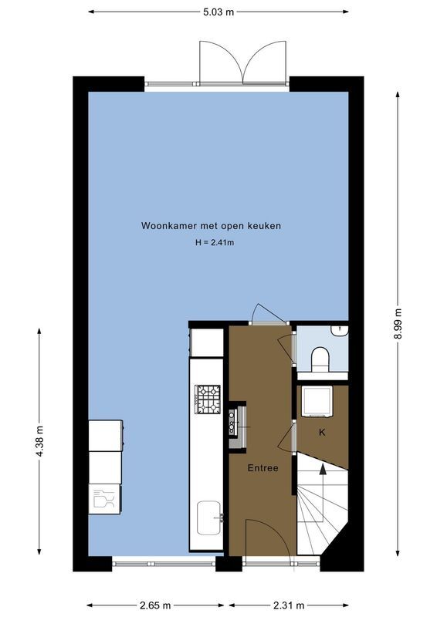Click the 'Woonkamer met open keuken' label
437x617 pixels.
(211, 226)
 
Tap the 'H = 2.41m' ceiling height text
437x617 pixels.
(214, 243)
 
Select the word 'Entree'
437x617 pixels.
(263, 468)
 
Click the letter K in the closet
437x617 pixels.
(322, 432)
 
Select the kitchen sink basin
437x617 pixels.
(208, 517)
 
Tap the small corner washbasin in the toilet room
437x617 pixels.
(340, 331)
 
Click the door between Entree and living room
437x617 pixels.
(268, 313)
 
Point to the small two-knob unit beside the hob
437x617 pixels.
(232, 422)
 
